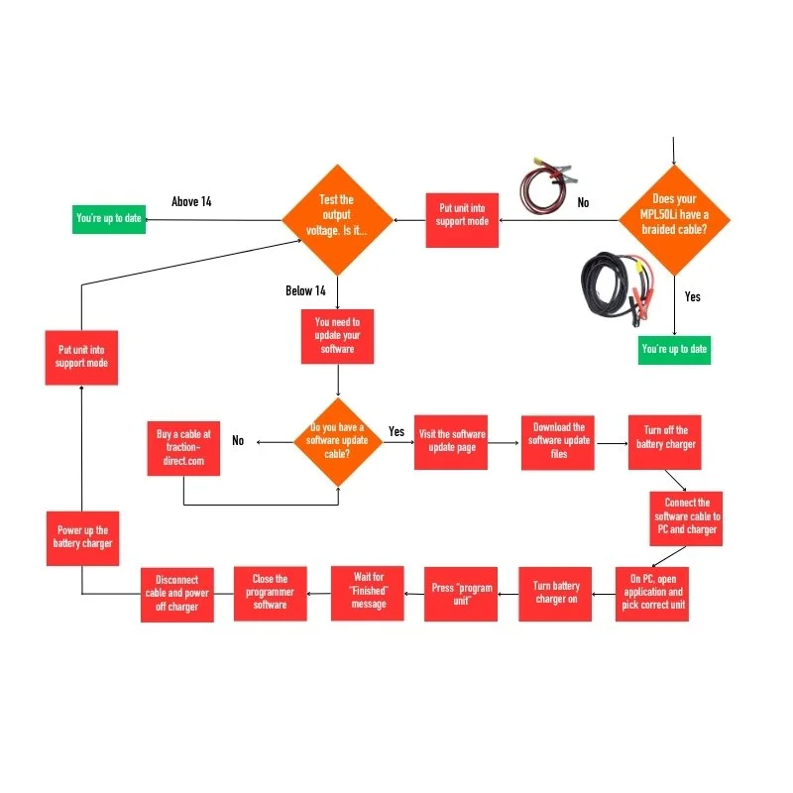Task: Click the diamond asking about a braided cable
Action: pos(674,219)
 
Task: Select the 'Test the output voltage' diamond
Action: pos(336,219)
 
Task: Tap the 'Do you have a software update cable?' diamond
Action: pos(338,442)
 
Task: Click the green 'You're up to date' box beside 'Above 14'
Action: pos(109,218)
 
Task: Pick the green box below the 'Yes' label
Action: pos(675,349)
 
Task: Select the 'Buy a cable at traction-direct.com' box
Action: pos(183,448)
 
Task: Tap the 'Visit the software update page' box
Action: pos(451,441)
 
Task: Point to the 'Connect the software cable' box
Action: pos(687,517)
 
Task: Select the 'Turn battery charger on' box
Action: pos(555,593)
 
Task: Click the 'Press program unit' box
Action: pos(461,593)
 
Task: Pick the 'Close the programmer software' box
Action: pos(270,593)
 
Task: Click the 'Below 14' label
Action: pos(305,291)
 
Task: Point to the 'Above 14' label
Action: pos(191,202)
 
